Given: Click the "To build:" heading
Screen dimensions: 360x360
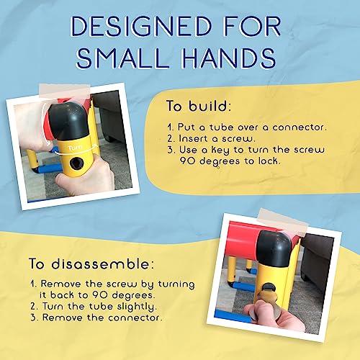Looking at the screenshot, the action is (199, 106).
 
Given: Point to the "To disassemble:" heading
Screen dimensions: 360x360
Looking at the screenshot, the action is (91, 264).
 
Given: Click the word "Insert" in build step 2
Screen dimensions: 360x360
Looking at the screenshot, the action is (193, 138).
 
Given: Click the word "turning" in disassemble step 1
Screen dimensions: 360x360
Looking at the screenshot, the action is (176, 284).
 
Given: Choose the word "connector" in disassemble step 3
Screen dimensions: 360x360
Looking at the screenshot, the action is (134, 318).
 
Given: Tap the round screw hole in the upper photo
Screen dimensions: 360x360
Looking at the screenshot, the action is (76, 163).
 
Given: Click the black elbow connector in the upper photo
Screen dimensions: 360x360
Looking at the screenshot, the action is (68, 121).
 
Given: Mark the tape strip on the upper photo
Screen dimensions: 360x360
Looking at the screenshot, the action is (65, 91).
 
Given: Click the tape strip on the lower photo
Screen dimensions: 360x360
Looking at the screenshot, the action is (283, 222).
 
